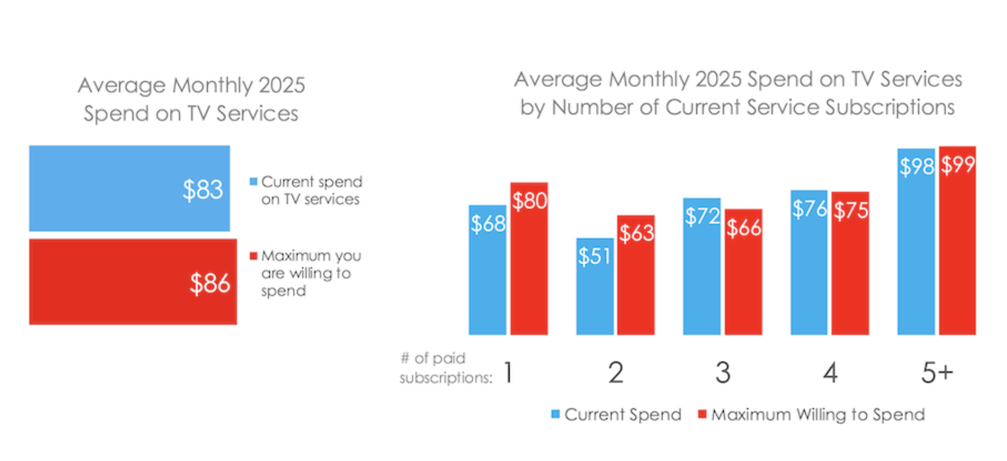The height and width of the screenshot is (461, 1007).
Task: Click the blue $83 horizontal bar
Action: click(130, 188)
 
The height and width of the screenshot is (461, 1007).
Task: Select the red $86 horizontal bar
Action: click(133, 281)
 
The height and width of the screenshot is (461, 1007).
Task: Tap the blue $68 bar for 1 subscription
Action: click(488, 270)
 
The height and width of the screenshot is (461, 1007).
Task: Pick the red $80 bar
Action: click(529, 258)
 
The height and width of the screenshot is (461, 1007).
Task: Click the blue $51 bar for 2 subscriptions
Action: click(595, 287)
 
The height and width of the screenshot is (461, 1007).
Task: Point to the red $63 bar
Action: click(635, 275)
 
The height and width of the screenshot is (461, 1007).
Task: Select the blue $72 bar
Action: click(702, 266)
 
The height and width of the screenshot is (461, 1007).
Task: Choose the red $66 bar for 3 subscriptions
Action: click(744, 272)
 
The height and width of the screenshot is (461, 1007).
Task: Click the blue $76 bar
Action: click(809, 262)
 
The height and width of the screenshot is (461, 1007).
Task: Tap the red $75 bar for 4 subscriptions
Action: click(850, 264)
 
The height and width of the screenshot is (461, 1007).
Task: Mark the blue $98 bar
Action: click(916, 242)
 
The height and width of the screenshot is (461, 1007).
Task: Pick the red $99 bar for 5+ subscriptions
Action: click(957, 241)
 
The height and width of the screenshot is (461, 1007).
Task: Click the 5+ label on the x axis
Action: click(937, 372)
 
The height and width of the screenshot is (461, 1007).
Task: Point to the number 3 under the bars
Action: click(723, 372)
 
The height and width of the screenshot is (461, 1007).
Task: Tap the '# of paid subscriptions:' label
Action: click(446, 368)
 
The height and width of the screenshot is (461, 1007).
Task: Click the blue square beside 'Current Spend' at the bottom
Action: click(556, 414)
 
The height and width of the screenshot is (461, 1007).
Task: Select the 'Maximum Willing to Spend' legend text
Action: click(818, 414)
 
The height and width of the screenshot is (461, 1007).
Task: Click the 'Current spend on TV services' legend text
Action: click(312, 190)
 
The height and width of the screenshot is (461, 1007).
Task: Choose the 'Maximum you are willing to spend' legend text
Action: click(311, 273)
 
